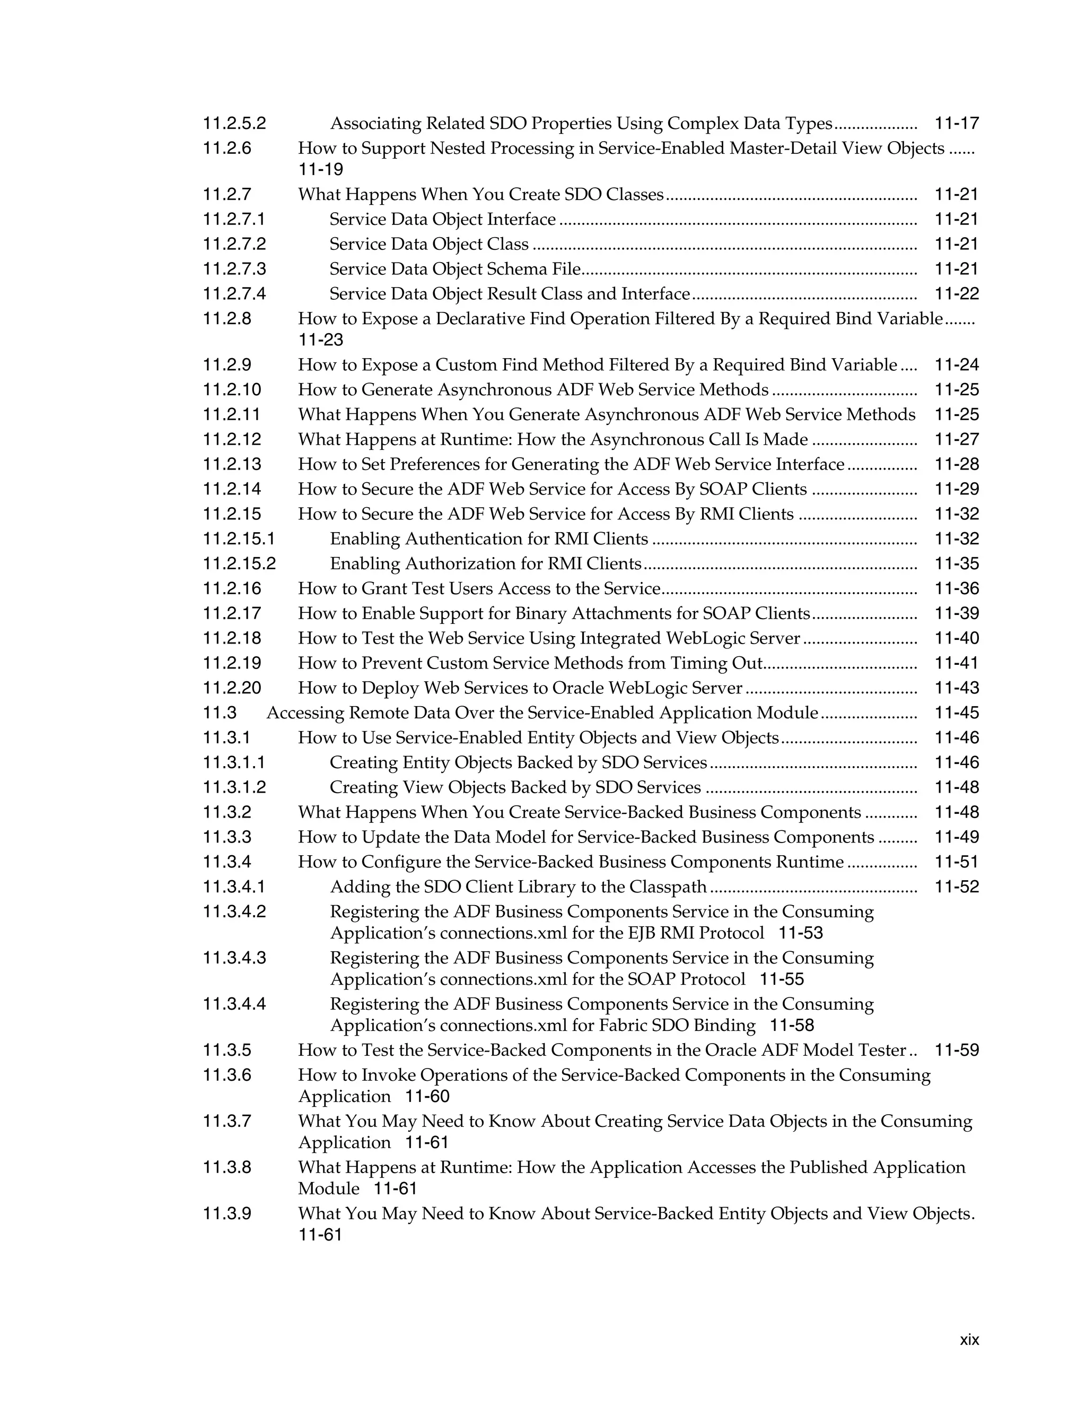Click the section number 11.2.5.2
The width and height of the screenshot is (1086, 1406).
tap(234, 123)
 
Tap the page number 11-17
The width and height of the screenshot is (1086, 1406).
tap(956, 123)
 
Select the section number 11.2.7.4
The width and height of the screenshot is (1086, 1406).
tap(234, 294)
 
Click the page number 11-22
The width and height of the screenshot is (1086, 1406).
tap(956, 294)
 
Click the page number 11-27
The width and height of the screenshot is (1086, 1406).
tap(956, 440)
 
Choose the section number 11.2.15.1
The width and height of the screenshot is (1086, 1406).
tap(239, 539)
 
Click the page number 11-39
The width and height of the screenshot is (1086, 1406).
tap(956, 613)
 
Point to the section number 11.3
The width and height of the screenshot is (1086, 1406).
tap(220, 713)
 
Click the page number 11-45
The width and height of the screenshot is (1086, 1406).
tap(956, 713)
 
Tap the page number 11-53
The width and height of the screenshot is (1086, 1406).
tap(800, 933)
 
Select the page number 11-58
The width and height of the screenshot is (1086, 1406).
tap(792, 1026)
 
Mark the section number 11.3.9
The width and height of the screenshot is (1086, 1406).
tap(227, 1214)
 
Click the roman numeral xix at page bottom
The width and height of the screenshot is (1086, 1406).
tap(969, 1340)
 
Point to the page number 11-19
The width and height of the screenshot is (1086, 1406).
tap(320, 170)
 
